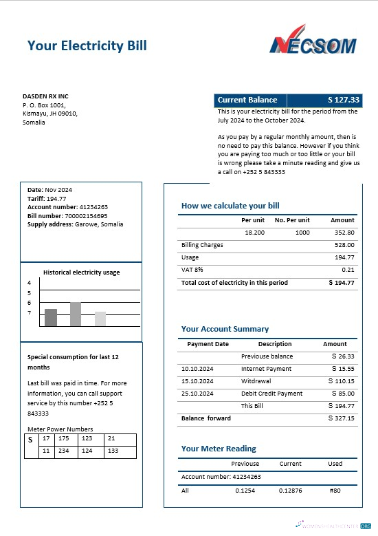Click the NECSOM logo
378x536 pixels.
coord(313,41)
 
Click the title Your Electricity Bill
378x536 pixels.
coord(87,46)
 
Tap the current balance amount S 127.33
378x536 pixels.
coord(344,100)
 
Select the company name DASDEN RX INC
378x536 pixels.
coord(45,96)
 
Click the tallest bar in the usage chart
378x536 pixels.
coord(76,314)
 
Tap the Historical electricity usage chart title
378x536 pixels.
coord(81,272)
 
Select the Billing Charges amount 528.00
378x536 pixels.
coord(344,245)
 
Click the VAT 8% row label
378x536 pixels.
coord(192,270)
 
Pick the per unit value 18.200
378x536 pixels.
coord(254,233)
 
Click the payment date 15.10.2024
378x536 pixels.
coord(197,381)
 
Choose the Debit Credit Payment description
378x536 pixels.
coord(271,394)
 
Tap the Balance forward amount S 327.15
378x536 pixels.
coord(342,418)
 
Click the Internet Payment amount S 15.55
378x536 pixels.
coord(342,369)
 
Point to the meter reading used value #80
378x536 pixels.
coord(335,491)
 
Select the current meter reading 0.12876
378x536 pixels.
coord(290,491)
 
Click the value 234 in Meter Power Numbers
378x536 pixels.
coord(64,451)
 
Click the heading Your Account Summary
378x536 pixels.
coord(225,329)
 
